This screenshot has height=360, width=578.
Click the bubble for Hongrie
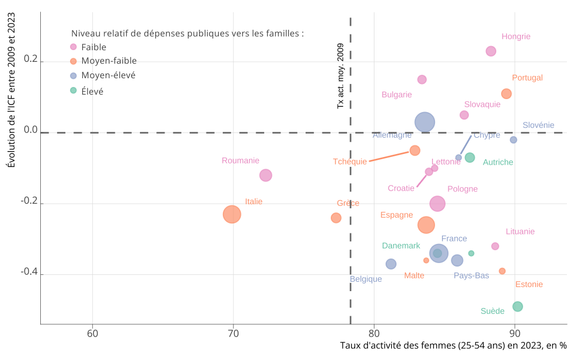pyautogui.click(x=491, y=51)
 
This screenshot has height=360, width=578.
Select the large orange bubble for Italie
pyautogui.click(x=232, y=214)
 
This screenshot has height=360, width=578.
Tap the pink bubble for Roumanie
pyautogui.click(x=265, y=175)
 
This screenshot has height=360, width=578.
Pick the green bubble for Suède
pyautogui.click(x=517, y=306)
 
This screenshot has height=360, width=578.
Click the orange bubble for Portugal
pyautogui.click(x=506, y=94)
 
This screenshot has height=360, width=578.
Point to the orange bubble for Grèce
pyautogui.click(x=336, y=218)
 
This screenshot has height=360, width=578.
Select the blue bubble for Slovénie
pyautogui.click(x=513, y=140)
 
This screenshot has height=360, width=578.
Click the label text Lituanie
pyautogui.click(x=520, y=232)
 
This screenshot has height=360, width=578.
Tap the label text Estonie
pyautogui.click(x=529, y=285)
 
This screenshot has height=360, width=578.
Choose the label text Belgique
pyautogui.click(x=366, y=279)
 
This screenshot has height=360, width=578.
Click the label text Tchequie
pyautogui.click(x=350, y=162)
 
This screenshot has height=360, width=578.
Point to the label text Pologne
pyautogui.click(x=463, y=189)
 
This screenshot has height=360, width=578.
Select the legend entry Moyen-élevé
pyautogui.click(x=108, y=75)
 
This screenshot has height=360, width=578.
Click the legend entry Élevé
pyautogui.click(x=92, y=91)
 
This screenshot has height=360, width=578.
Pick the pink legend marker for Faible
pyautogui.click(x=73, y=47)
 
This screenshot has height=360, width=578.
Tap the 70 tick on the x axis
pyautogui.click(x=233, y=334)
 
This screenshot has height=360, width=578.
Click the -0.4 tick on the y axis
pyautogui.click(x=29, y=272)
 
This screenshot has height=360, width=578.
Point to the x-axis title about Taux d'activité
pyautogui.click(x=453, y=345)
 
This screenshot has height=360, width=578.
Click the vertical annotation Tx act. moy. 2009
pyautogui.click(x=341, y=76)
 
